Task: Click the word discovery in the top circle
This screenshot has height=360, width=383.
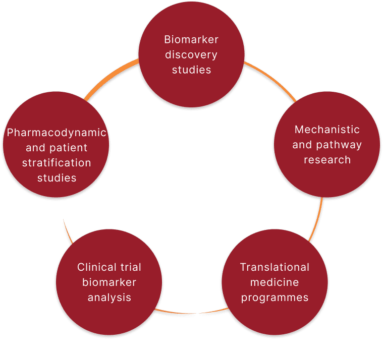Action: click(x=191, y=54)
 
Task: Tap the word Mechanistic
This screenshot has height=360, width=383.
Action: click(x=327, y=130)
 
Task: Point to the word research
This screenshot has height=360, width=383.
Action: click(x=327, y=160)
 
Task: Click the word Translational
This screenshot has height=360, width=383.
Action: click(x=275, y=267)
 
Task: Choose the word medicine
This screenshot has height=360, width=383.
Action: click(x=275, y=282)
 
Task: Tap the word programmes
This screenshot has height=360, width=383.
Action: click(x=275, y=297)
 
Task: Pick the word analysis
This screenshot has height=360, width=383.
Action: click(x=109, y=297)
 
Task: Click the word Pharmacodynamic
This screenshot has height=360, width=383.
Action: click(x=57, y=133)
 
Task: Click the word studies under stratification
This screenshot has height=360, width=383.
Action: click(x=56, y=178)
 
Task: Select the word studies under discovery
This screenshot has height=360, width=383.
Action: click(x=191, y=70)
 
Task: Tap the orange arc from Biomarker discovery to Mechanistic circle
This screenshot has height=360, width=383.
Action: click(x=270, y=78)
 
